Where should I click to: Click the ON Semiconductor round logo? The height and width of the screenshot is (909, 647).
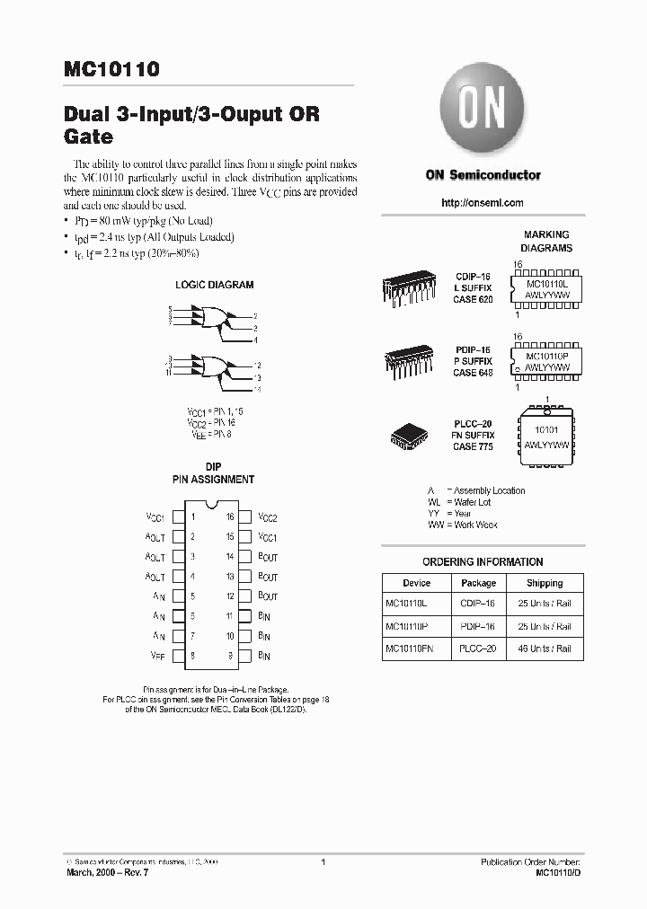pos(482,112)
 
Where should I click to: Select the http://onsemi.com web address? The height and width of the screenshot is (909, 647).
pos(483,203)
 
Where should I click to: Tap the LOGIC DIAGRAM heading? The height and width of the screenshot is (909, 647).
pos(214,285)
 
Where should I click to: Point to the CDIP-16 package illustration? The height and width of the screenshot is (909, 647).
pos(410,286)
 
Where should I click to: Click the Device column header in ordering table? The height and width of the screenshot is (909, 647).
pos(416,583)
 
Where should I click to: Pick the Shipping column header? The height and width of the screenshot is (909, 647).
pos(545,583)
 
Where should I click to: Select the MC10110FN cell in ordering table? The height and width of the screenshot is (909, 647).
pos(410,649)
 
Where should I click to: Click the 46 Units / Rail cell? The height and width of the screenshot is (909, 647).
pos(545,649)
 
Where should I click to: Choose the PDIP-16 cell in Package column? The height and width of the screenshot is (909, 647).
pos(478,627)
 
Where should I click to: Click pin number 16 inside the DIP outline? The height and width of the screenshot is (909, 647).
pos(230,517)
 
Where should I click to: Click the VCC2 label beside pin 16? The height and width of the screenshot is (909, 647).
pos(268,518)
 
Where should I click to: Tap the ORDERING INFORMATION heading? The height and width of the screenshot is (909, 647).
pos(483,562)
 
